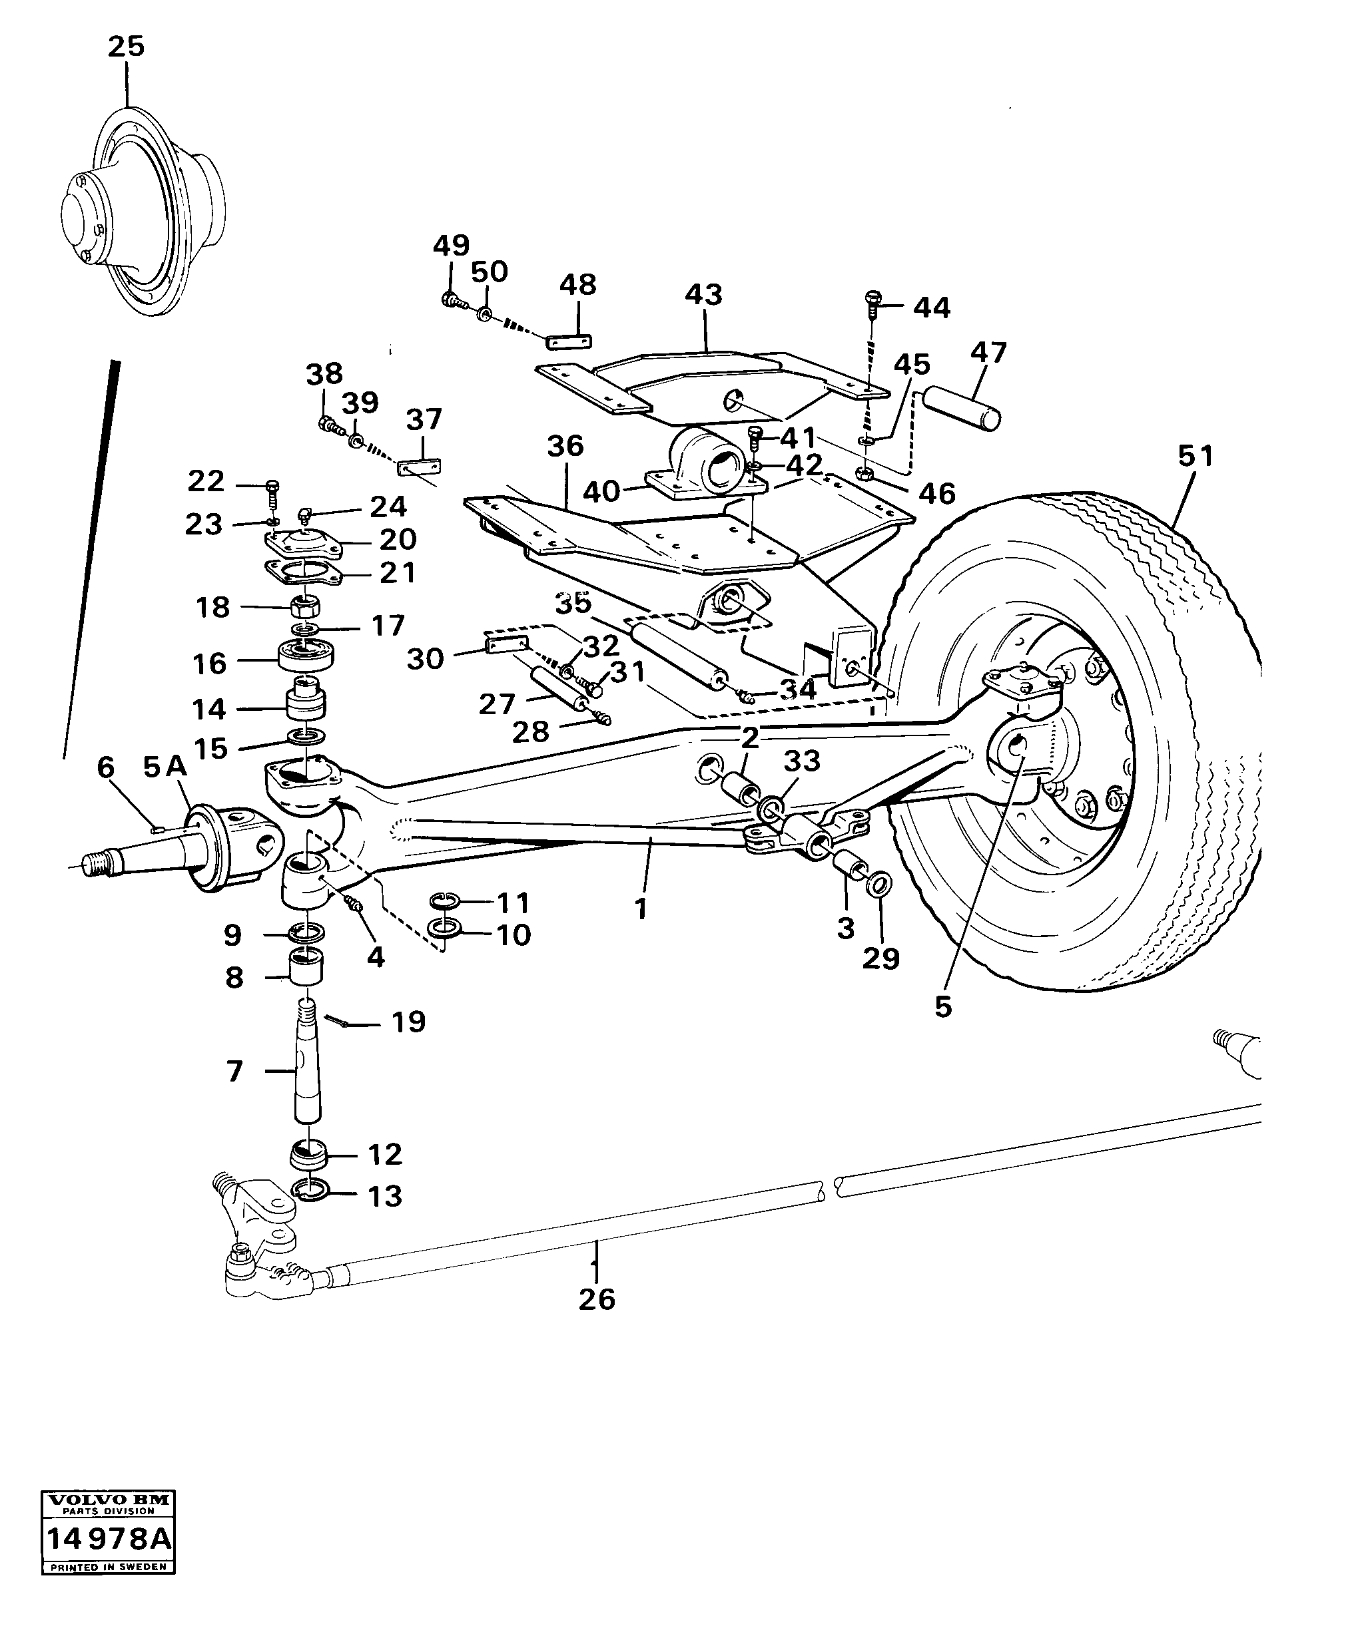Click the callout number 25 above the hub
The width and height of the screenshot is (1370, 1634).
click(x=125, y=47)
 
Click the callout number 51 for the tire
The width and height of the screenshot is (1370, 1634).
click(x=1196, y=455)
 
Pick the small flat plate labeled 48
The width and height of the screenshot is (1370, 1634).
click(x=568, y=341)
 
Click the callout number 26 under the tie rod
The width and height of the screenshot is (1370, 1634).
click(x=596, y=1299)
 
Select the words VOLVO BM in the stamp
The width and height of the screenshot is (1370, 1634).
click(x=108, y=1500)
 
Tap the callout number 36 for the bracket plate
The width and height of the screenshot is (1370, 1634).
click(x=565, y=446)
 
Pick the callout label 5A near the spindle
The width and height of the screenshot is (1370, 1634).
click(x=165, y=767)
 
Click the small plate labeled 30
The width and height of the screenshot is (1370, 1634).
click(x=507, y=644)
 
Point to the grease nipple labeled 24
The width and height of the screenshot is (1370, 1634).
click(x=306, y=514)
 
